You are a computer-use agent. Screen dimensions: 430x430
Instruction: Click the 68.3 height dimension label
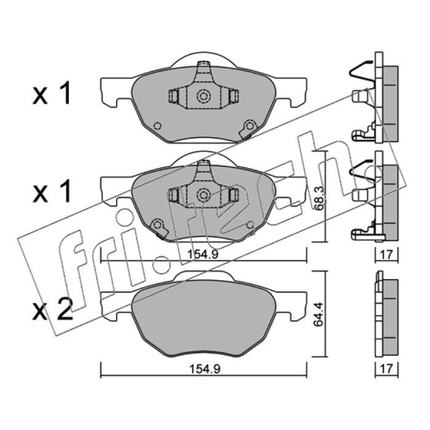coord(319,198)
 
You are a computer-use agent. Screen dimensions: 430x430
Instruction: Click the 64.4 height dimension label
coord(319,314)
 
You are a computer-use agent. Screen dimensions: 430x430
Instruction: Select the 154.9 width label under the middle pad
coord(203,254)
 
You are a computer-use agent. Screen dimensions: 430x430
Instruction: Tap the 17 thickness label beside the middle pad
coord(386,254)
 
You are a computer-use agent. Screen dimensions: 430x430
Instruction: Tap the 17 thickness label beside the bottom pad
coord(386,369)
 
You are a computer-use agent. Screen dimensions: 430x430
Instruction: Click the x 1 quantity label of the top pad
coord(52,95)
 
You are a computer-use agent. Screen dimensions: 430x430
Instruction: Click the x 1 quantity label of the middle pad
coord(52,192)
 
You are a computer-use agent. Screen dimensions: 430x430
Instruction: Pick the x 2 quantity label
coord(53,309)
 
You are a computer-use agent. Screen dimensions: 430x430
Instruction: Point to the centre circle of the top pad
coord(204,96)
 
